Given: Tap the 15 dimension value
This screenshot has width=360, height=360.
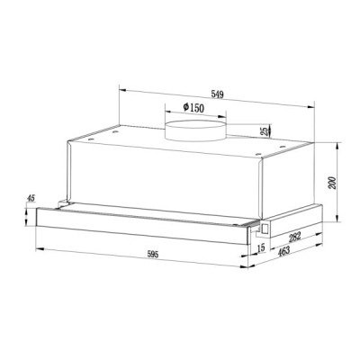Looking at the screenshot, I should pos(260,247).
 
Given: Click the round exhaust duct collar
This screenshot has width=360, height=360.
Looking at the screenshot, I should pos(193,132).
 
